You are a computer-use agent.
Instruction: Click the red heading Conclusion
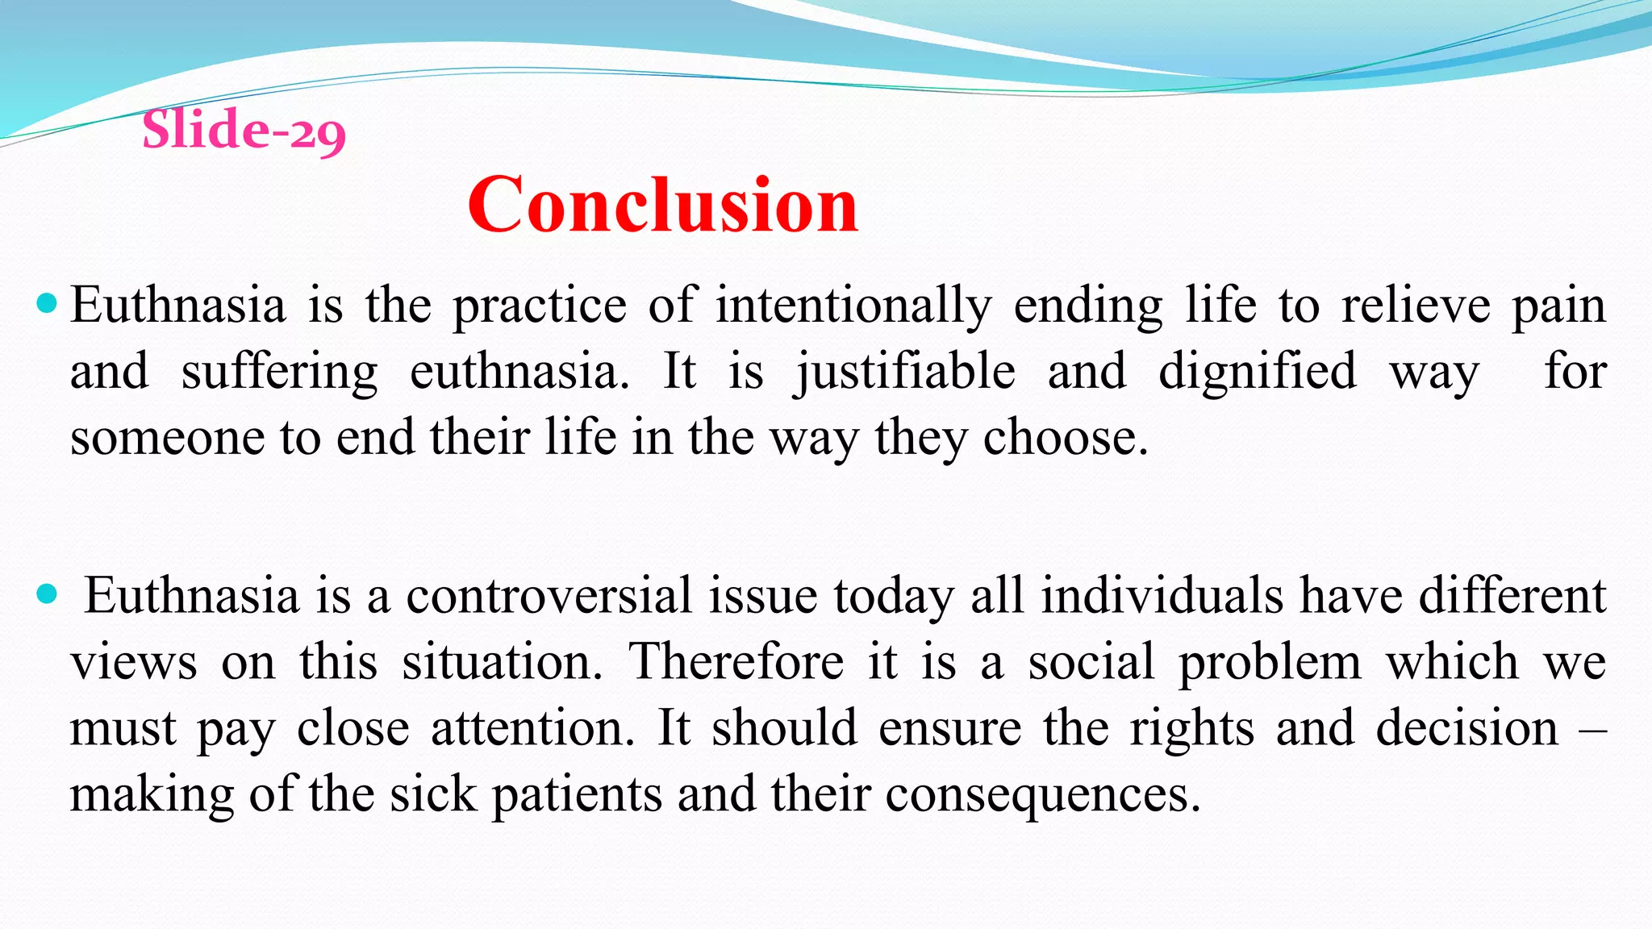click(663, 206)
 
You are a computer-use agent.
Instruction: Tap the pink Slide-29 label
click(244, 130)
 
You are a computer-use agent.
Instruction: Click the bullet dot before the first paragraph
click(47, 304)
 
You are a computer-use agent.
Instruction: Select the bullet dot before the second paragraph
click(47, 595)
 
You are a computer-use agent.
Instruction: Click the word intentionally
click(853, 306)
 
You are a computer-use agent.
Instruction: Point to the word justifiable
click(904, 373)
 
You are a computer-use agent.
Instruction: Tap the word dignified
click(1258, 373)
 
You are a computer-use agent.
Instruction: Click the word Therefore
click(736, 663)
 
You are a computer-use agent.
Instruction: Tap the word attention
click(532, 729)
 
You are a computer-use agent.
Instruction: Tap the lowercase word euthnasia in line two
click(519, 373)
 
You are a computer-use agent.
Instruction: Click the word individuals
click(1162, 597)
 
